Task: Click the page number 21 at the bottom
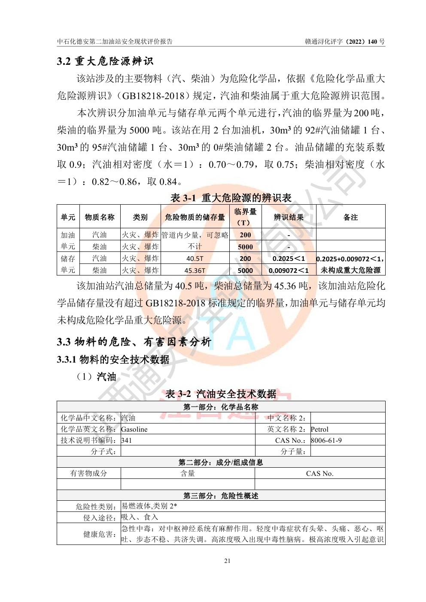[x=227, y=561]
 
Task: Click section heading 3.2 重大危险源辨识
[x=105, y=61]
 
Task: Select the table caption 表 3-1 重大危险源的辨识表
[x=231, y=198]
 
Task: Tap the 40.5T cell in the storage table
[x=195, y=259]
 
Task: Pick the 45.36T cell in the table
[x=195, y=271]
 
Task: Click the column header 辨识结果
[x=289, y=218]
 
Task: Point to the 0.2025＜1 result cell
[x=289, y=259]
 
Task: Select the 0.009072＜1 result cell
[x=289, y=271]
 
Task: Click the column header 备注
[x=350, y=218]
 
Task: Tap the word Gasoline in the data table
[x=134, y=429]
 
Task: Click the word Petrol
[x=319, y=429]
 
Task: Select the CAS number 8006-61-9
[x=326, y=440]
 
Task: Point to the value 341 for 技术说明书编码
[x=127, y=440]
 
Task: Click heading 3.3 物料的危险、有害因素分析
[x=134, y=342]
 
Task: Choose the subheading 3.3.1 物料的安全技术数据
[x=113, y=360]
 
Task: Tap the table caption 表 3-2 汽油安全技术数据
[x=221, y=394]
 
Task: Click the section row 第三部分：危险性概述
[x=221, y=496]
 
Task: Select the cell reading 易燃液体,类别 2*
[x=149, y=506]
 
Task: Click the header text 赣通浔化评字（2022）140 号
[x=345, y=42]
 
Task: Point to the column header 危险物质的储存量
[x=195, y=218]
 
